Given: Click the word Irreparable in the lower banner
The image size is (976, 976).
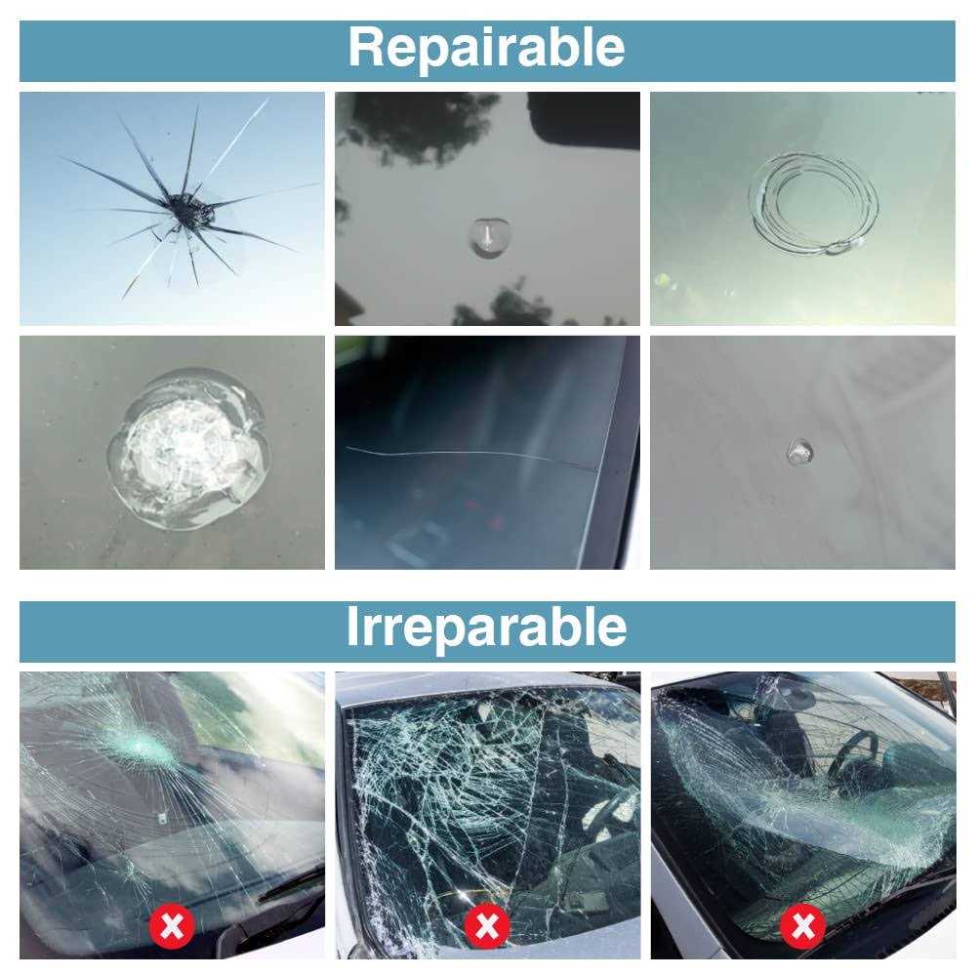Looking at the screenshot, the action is [x=486, y=628].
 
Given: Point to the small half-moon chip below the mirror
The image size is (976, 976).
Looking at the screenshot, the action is [x=489, y=237].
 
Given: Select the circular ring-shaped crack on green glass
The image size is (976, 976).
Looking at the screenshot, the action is [x=814, y=203].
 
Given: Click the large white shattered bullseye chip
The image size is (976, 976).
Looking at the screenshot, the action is [x=188, y=448].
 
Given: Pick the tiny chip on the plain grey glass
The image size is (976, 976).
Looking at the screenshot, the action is [x=799, y=451].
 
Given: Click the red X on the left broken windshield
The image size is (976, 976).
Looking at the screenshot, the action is [x=172, y=925].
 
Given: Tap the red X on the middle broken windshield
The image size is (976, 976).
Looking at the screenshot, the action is [x=487, y=926].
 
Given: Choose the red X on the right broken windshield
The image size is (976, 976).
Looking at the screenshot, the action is [x=803, y=926].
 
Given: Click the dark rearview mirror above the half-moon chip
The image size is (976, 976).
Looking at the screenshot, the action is [x=584, y=119].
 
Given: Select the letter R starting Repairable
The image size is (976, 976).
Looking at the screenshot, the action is [x=367, y=47].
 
